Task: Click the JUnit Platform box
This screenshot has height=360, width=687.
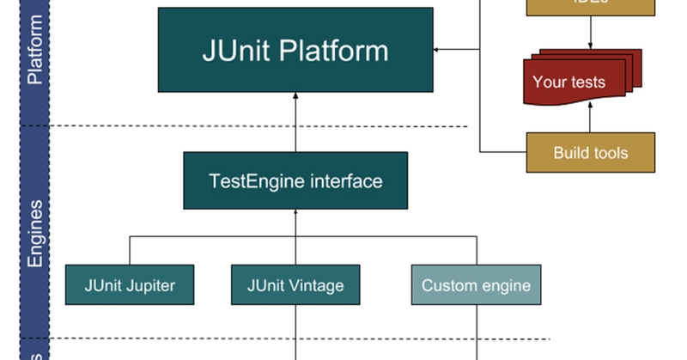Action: (x=295, y=50)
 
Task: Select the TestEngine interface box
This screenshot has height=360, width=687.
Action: (x=295, y=180)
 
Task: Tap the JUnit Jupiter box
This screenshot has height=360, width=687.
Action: (x=130, y=284)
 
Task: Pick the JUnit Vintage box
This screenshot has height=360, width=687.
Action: (x=295, y=284)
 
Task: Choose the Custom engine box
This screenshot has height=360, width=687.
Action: (x=476, y=284)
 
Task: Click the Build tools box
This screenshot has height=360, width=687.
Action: (x=590, y=153)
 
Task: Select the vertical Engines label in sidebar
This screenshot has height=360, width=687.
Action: (x=35, y=234)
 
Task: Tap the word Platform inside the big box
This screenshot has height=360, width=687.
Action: (x=337, y=51)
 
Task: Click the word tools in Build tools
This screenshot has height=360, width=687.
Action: (x=611, y=154)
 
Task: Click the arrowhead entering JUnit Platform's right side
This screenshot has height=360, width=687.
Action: (x=438, y=50)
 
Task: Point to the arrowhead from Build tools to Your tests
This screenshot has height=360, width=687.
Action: (x=591, y=105)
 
